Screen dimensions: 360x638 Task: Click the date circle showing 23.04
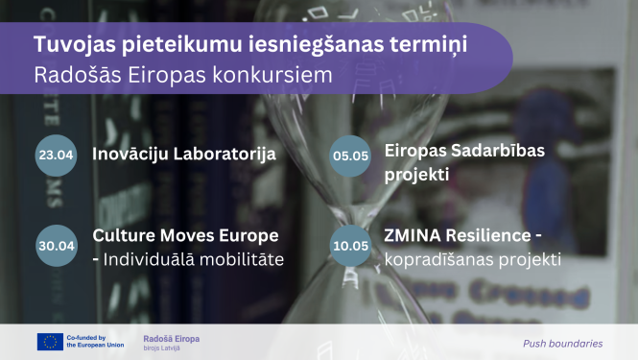coord(56,154)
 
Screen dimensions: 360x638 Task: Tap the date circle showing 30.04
coord(56,245)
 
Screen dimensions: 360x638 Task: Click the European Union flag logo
coord(49,342)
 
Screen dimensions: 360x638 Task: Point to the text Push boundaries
coord(563,343)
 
